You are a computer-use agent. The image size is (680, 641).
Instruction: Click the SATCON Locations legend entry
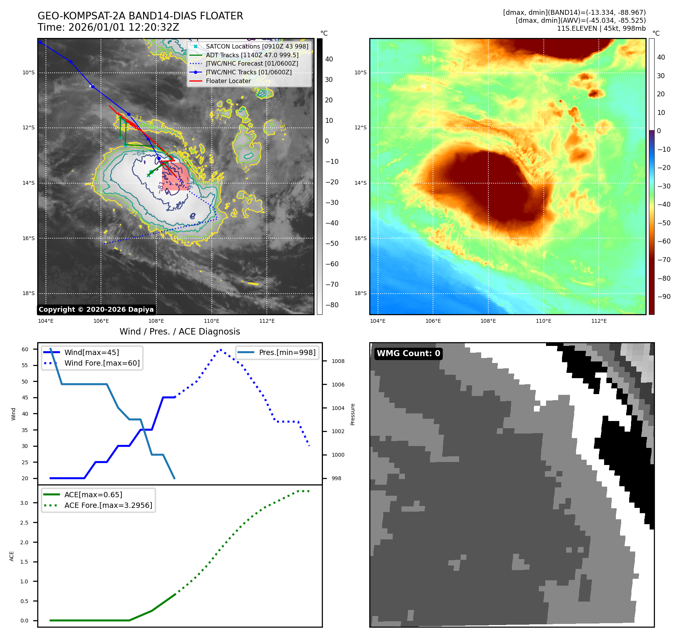point(257,46)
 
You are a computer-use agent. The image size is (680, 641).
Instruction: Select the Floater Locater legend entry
point(228,81)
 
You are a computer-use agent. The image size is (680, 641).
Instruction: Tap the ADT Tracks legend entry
point(252,55)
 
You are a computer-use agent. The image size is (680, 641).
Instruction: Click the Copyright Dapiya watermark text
point(96,310)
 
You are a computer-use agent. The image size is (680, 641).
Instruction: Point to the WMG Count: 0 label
point(408,353)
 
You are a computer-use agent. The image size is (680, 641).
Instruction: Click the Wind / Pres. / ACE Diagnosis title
point(179,331)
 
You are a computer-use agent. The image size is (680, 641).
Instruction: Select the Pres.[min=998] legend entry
point(287,352)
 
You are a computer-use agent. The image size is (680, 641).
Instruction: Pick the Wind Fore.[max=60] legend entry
point(102,363)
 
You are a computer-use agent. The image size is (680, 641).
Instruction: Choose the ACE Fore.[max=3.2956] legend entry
point(108,505)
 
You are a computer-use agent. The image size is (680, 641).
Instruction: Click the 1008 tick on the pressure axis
point(338,361)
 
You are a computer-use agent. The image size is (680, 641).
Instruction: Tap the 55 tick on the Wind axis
point(25,365)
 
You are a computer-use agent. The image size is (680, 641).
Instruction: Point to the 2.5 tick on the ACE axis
point(24,523)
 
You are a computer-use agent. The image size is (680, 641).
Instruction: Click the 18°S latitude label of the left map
point(28,293)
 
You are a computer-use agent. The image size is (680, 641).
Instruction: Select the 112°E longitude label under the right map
point(599,321)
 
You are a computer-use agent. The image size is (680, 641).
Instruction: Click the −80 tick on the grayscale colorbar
point(332,305)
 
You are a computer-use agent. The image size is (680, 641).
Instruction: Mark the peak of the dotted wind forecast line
point(220,349)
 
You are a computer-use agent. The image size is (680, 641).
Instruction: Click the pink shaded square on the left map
point(175,176)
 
